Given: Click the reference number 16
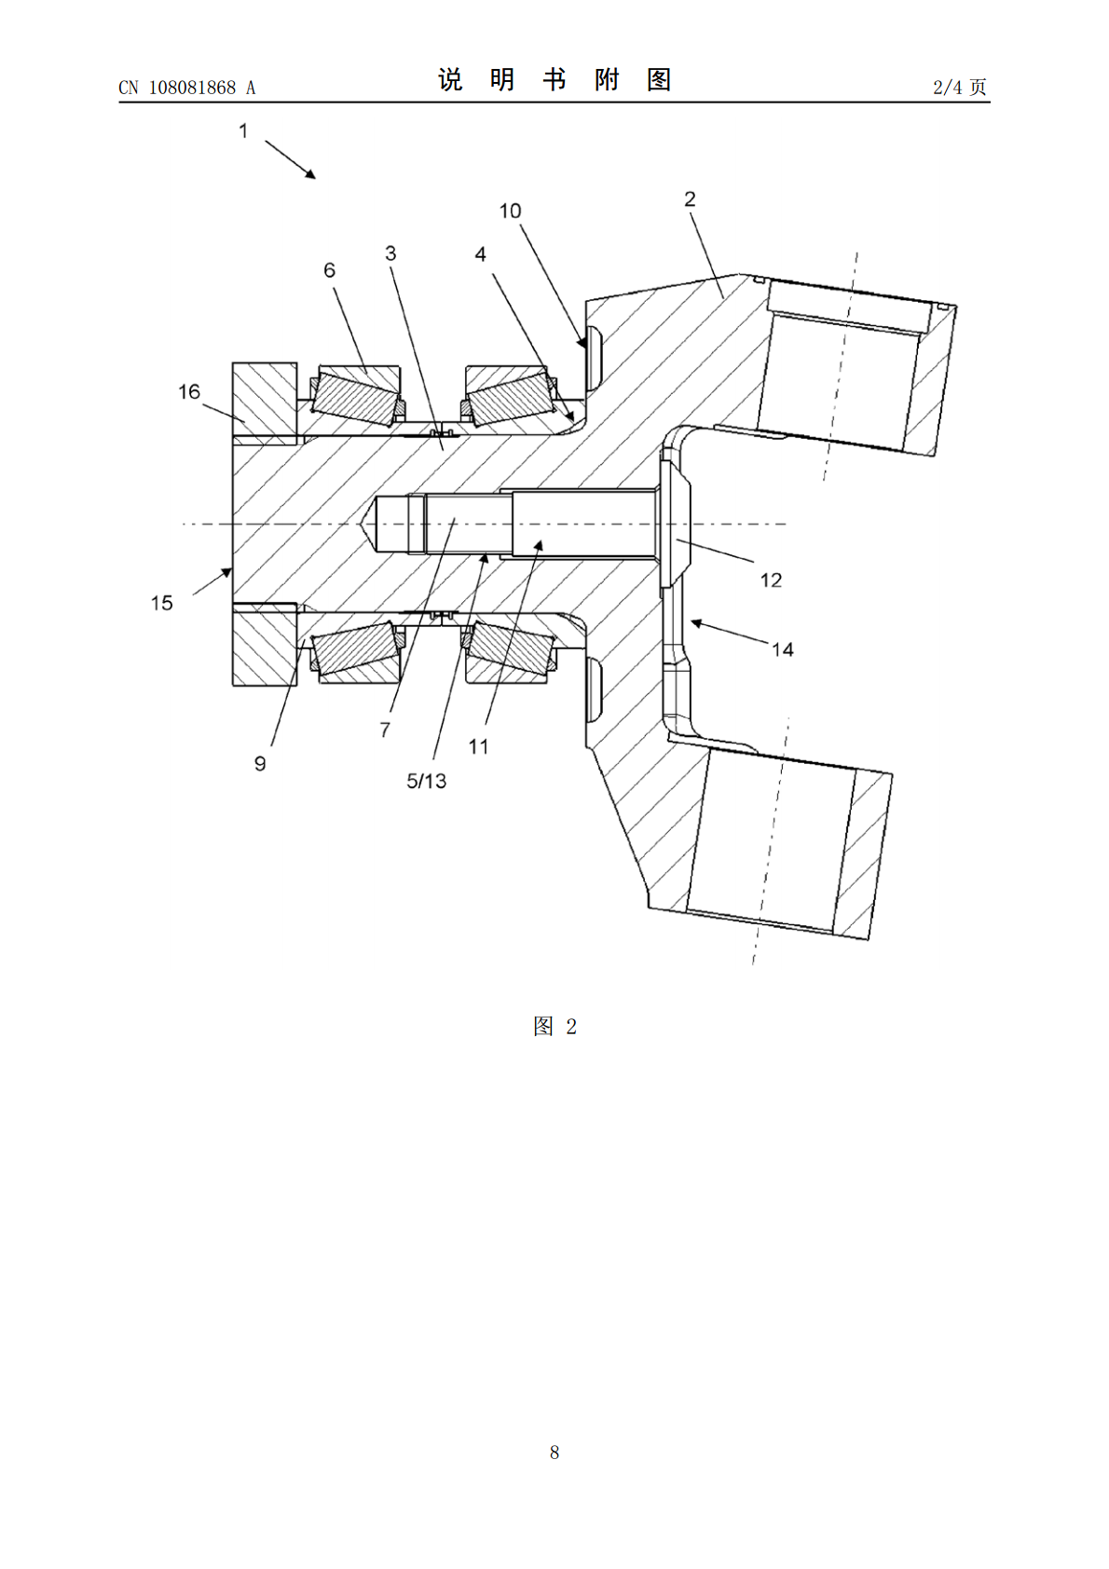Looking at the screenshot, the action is point(188,391).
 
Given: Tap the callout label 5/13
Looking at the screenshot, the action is point(426,781).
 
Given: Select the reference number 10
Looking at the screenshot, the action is point(510,211).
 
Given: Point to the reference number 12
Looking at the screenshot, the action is point(771,580).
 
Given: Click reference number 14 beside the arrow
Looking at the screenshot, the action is point(783,650).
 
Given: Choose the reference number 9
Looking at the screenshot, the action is point(260,763).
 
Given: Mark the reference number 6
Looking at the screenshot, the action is point(329,270).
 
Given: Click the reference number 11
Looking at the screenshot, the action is point(478,746).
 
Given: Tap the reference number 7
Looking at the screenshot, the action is point(385,730).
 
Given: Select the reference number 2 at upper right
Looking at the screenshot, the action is point(690,199).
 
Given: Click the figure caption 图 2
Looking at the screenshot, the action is point(554,1027).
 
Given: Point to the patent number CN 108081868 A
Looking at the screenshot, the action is point(187,88).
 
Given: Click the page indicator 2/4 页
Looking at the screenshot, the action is point(960,87).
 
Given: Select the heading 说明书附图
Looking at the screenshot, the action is point(554,80).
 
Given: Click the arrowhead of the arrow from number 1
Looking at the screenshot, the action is point(310,174).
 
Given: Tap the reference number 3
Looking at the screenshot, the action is point(390,253).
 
